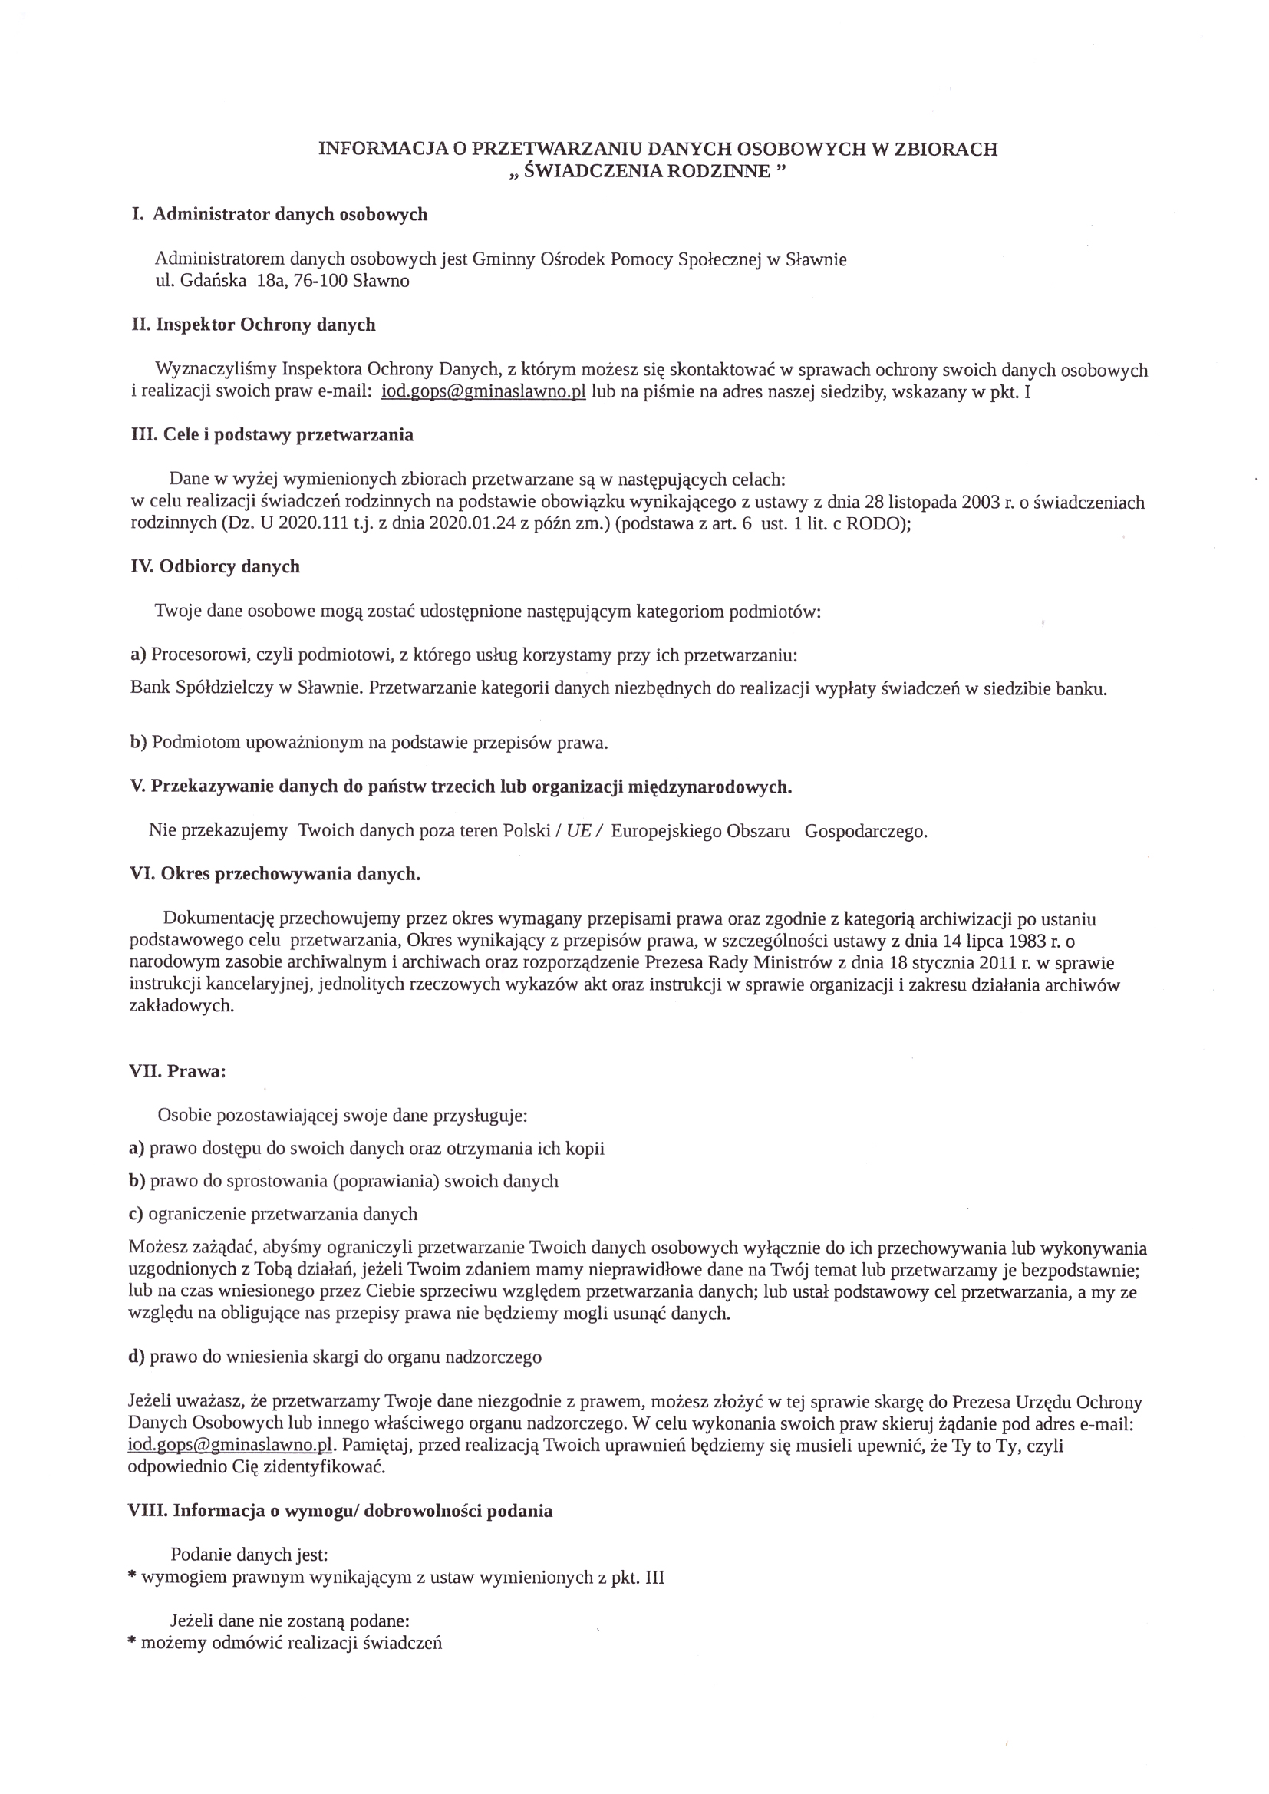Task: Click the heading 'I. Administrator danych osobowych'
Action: coord(279,214)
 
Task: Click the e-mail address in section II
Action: coord(483,391)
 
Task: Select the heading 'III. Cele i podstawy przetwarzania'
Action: coord(272,435)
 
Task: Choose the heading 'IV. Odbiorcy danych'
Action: coord(215,566)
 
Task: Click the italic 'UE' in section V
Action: coord(578,830)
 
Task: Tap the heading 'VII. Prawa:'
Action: coord(177,1071)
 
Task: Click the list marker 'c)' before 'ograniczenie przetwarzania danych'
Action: coord(136,1213)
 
